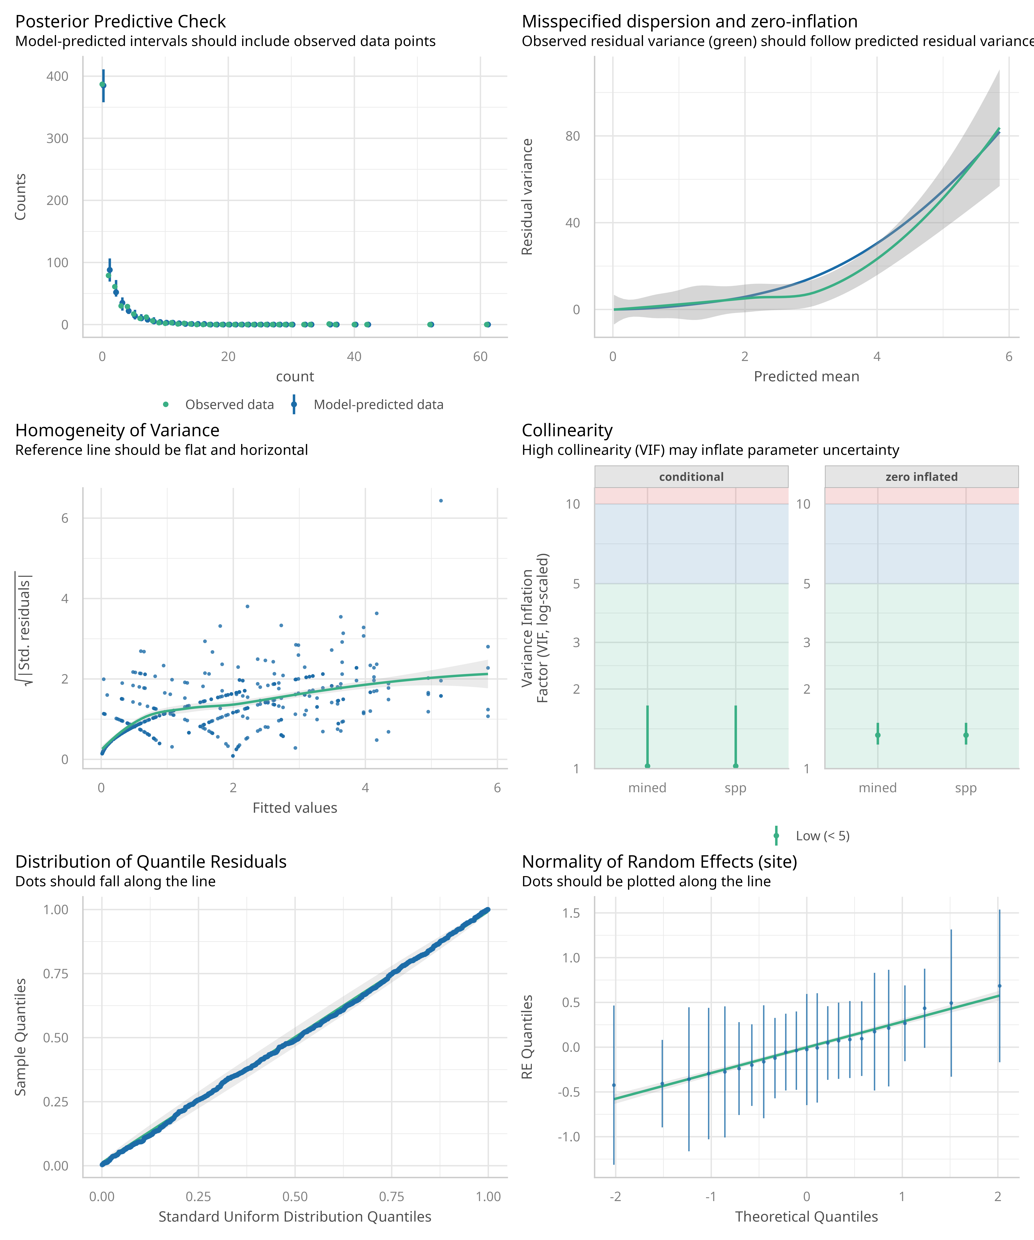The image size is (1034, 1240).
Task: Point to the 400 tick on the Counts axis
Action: point(57,76)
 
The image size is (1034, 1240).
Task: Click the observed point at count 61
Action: point(487,324)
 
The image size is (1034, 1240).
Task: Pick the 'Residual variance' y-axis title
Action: point(527,197)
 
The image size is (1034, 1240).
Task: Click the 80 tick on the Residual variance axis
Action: point(572,136)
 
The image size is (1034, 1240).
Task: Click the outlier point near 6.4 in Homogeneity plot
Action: point(441,501)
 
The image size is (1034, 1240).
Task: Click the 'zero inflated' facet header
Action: point(921,477)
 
